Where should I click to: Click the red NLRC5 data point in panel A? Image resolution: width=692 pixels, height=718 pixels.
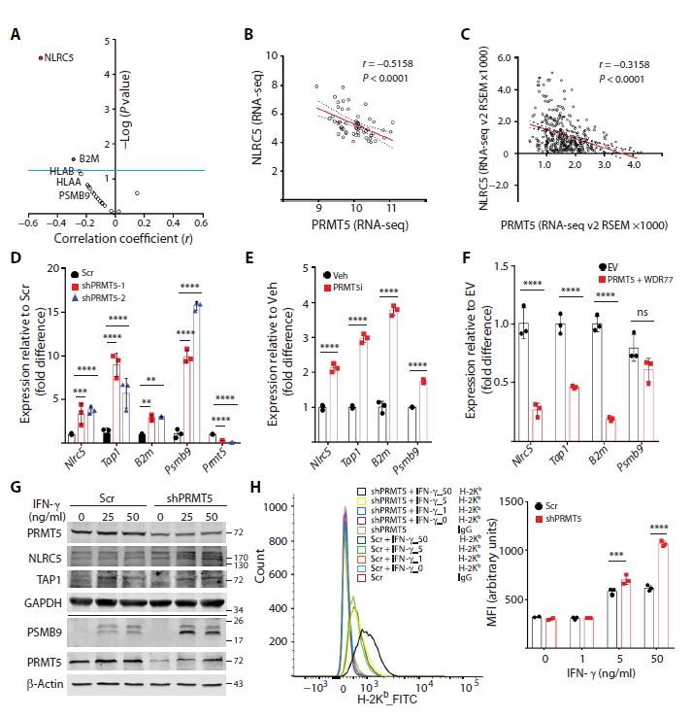point(41,58)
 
